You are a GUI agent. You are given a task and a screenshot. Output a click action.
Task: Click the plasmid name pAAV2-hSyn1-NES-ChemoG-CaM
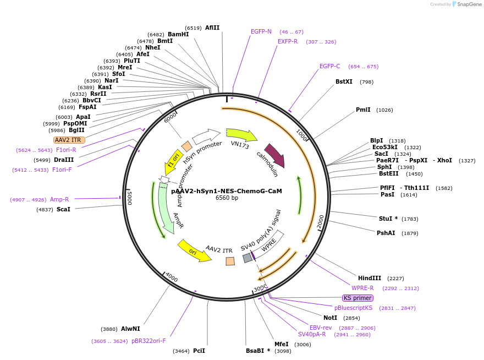[227, 191]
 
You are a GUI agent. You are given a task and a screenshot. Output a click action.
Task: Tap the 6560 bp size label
[227, 198]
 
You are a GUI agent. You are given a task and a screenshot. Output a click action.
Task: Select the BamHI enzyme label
[178, 34]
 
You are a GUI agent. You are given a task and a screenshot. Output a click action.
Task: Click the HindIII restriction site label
[370, 278]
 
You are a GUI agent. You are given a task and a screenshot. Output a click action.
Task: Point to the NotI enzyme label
[331, 318]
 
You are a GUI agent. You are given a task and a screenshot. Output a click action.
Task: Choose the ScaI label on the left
[63, 210]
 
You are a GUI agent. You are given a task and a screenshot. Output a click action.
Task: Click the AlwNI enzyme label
[130, 329]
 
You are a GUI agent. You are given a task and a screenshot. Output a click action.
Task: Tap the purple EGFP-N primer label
[261, 31]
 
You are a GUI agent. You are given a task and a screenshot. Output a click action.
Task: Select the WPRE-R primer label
[362, 288]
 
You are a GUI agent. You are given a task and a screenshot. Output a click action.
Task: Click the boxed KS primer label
[358, 298]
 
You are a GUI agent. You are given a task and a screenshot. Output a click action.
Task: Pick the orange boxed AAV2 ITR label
[68, 140]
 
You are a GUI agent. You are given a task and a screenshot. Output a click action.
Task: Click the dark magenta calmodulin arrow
[274, 155]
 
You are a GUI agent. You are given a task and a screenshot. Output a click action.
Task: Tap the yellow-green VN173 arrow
[241, 134]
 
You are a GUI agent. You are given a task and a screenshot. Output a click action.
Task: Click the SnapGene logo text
[469, 4]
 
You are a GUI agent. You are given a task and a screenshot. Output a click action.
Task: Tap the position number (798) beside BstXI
[367, 82]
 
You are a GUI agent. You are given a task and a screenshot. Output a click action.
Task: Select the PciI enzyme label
[199, 351]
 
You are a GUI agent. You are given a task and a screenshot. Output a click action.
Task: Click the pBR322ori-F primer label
[148, 341]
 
